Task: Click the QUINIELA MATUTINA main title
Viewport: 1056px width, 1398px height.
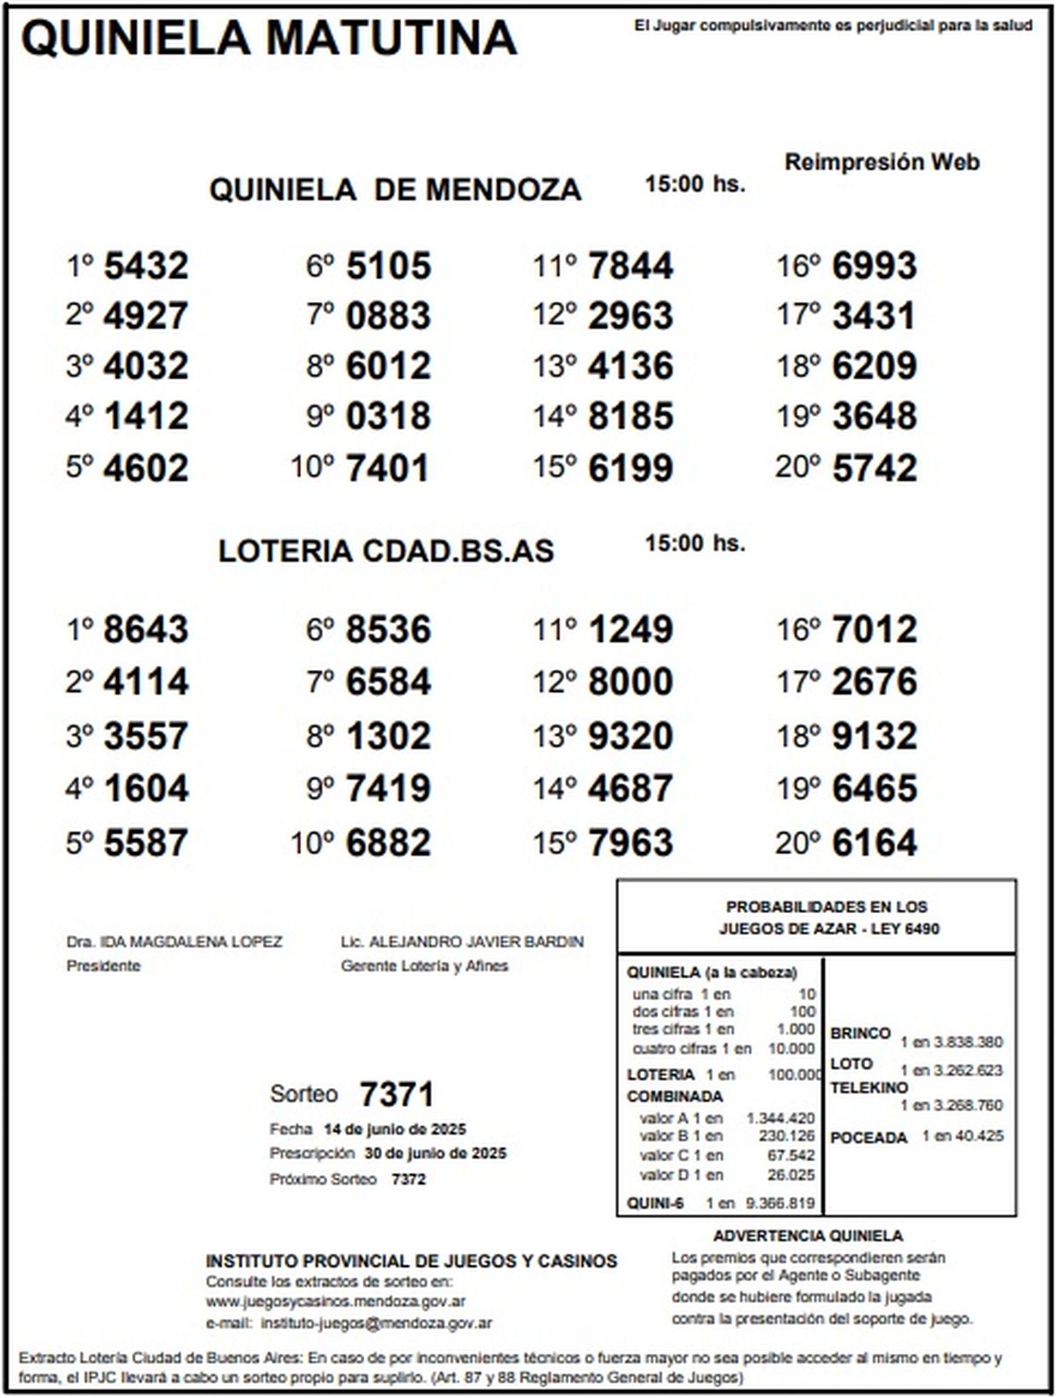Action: coord(268,39)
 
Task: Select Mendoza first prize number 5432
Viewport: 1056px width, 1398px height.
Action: coord(146,266)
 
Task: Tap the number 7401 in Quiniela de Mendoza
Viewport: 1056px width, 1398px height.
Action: coord(388,468)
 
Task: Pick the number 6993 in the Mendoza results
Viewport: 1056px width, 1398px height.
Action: coord(874,266)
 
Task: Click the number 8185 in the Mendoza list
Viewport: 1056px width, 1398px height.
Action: coord(630,416)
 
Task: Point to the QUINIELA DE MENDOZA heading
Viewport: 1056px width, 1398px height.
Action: coord(395,190)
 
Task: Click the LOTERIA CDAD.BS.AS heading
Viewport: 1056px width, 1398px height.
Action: coord(386,551)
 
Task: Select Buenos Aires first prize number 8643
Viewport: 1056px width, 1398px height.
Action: coord(146,630)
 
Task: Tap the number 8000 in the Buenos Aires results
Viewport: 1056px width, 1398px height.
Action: coord(630,682)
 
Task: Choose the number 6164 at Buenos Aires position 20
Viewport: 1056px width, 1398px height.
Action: coord(874,843)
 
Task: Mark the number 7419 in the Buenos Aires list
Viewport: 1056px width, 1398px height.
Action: coord(388,789)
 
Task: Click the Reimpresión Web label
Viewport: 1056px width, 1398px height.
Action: coord(882,162)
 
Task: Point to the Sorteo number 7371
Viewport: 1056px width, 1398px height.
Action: coord(397,1095)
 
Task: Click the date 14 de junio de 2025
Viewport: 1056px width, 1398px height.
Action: coord(395,1129)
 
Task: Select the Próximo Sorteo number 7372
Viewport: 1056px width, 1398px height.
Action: coord(408,1180)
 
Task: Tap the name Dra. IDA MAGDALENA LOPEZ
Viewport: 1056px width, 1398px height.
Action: coord(174,942)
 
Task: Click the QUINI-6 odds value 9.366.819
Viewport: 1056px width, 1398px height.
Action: coord(780,1203)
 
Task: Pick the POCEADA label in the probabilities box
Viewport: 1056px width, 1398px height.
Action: coord(868,1137)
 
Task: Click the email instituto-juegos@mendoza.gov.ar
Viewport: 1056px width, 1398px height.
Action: coord(377,1323)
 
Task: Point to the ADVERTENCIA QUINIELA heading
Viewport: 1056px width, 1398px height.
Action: coord(808,1236)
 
